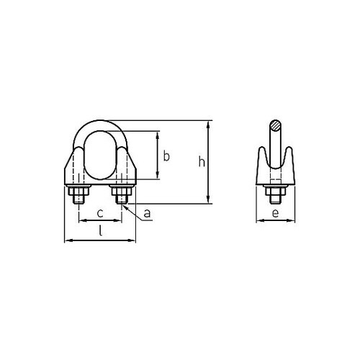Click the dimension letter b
pos(166,156)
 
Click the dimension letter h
pos(202,163)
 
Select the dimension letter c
pos(101,214)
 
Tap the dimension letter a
pos(147,213)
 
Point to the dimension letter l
pos(100,232)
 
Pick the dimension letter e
pos(275,215)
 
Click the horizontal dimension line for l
pos(100,240)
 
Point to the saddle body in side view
pos(275,173)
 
